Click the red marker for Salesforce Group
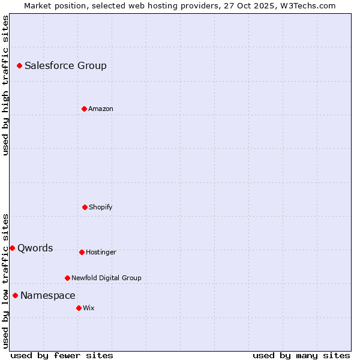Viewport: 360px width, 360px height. click(19, 65)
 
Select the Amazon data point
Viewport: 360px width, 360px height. click(84, 109)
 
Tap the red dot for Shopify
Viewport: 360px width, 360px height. click(85, 207)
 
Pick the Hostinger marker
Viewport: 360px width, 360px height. click(82, 252)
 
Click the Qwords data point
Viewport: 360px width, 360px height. click(12, 248)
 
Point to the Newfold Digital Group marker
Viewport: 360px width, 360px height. click(67, 278)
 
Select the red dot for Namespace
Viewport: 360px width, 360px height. click(15, 295)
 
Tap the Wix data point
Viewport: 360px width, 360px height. click(79, 308)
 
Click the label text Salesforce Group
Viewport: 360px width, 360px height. click(65, 66)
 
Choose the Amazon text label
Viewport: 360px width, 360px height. click(101, 109)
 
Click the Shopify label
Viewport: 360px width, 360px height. click(101, 208)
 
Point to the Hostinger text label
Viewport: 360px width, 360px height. click(101, 253)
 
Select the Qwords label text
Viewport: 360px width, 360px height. click(35, 248)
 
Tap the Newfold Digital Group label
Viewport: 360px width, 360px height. click(106, 278)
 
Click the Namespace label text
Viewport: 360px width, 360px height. click(48, 296)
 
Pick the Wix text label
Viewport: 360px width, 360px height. click(89, 308)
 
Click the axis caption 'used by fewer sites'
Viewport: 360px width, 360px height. click(62, 355)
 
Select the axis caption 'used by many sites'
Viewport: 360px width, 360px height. click(301, 355)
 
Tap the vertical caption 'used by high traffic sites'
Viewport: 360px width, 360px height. click(5, 85)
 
